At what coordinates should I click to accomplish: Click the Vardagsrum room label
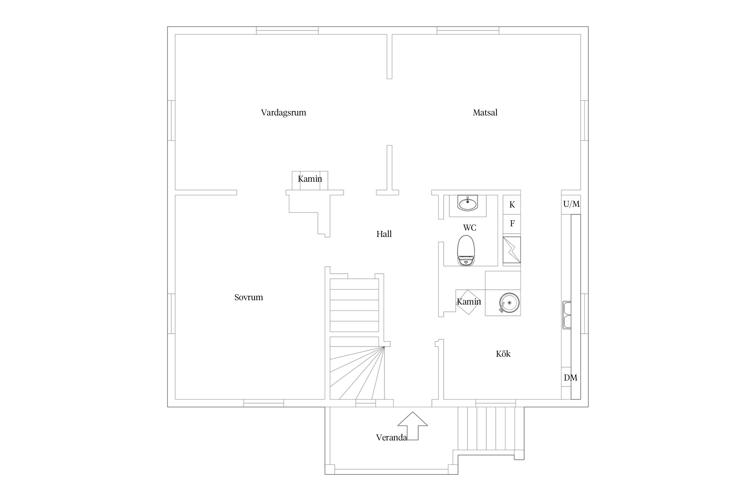283,112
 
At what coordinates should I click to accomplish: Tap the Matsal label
485,112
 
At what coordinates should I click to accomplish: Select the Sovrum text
248,297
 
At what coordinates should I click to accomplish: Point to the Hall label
384,234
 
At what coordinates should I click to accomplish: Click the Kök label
503,354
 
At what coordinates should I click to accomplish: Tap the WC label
470,228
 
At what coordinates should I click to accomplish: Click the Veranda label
391,437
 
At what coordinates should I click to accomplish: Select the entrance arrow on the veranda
413,426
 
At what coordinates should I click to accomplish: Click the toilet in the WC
466,250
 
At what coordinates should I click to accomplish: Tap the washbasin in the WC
468,203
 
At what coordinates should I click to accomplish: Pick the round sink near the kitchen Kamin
509,303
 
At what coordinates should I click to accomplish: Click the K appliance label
512,205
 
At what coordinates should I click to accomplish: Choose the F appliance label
512,223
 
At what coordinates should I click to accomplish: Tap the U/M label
571,204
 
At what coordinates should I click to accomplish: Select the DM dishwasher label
570,378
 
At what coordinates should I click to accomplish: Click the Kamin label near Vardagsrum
310,179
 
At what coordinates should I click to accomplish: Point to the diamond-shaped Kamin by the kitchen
469,302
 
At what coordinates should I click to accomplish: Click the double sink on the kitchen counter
567,315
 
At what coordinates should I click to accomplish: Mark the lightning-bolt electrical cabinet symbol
512,250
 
